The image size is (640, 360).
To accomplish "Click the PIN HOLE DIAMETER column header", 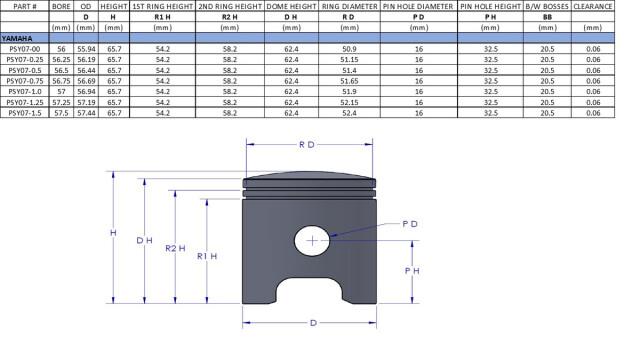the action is point(418,7).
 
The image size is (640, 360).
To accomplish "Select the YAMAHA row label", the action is point(17,38).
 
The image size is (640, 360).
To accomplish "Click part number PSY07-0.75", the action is point(25,81).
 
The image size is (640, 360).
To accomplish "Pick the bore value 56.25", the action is point(61,60).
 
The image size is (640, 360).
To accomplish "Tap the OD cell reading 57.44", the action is point(86,113).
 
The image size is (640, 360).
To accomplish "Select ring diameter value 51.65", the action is point(349,81).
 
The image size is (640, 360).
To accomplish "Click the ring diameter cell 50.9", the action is point(349,49).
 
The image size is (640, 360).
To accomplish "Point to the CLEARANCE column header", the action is point(593,7).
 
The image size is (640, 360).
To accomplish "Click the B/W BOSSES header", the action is point(547,7).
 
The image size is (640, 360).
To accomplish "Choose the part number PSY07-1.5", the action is point(25,113).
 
